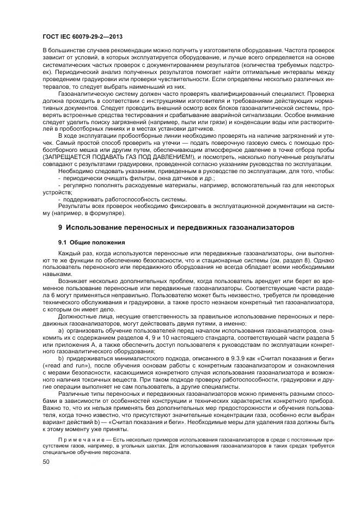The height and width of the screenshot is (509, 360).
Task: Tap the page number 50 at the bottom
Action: tap(45, 462)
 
